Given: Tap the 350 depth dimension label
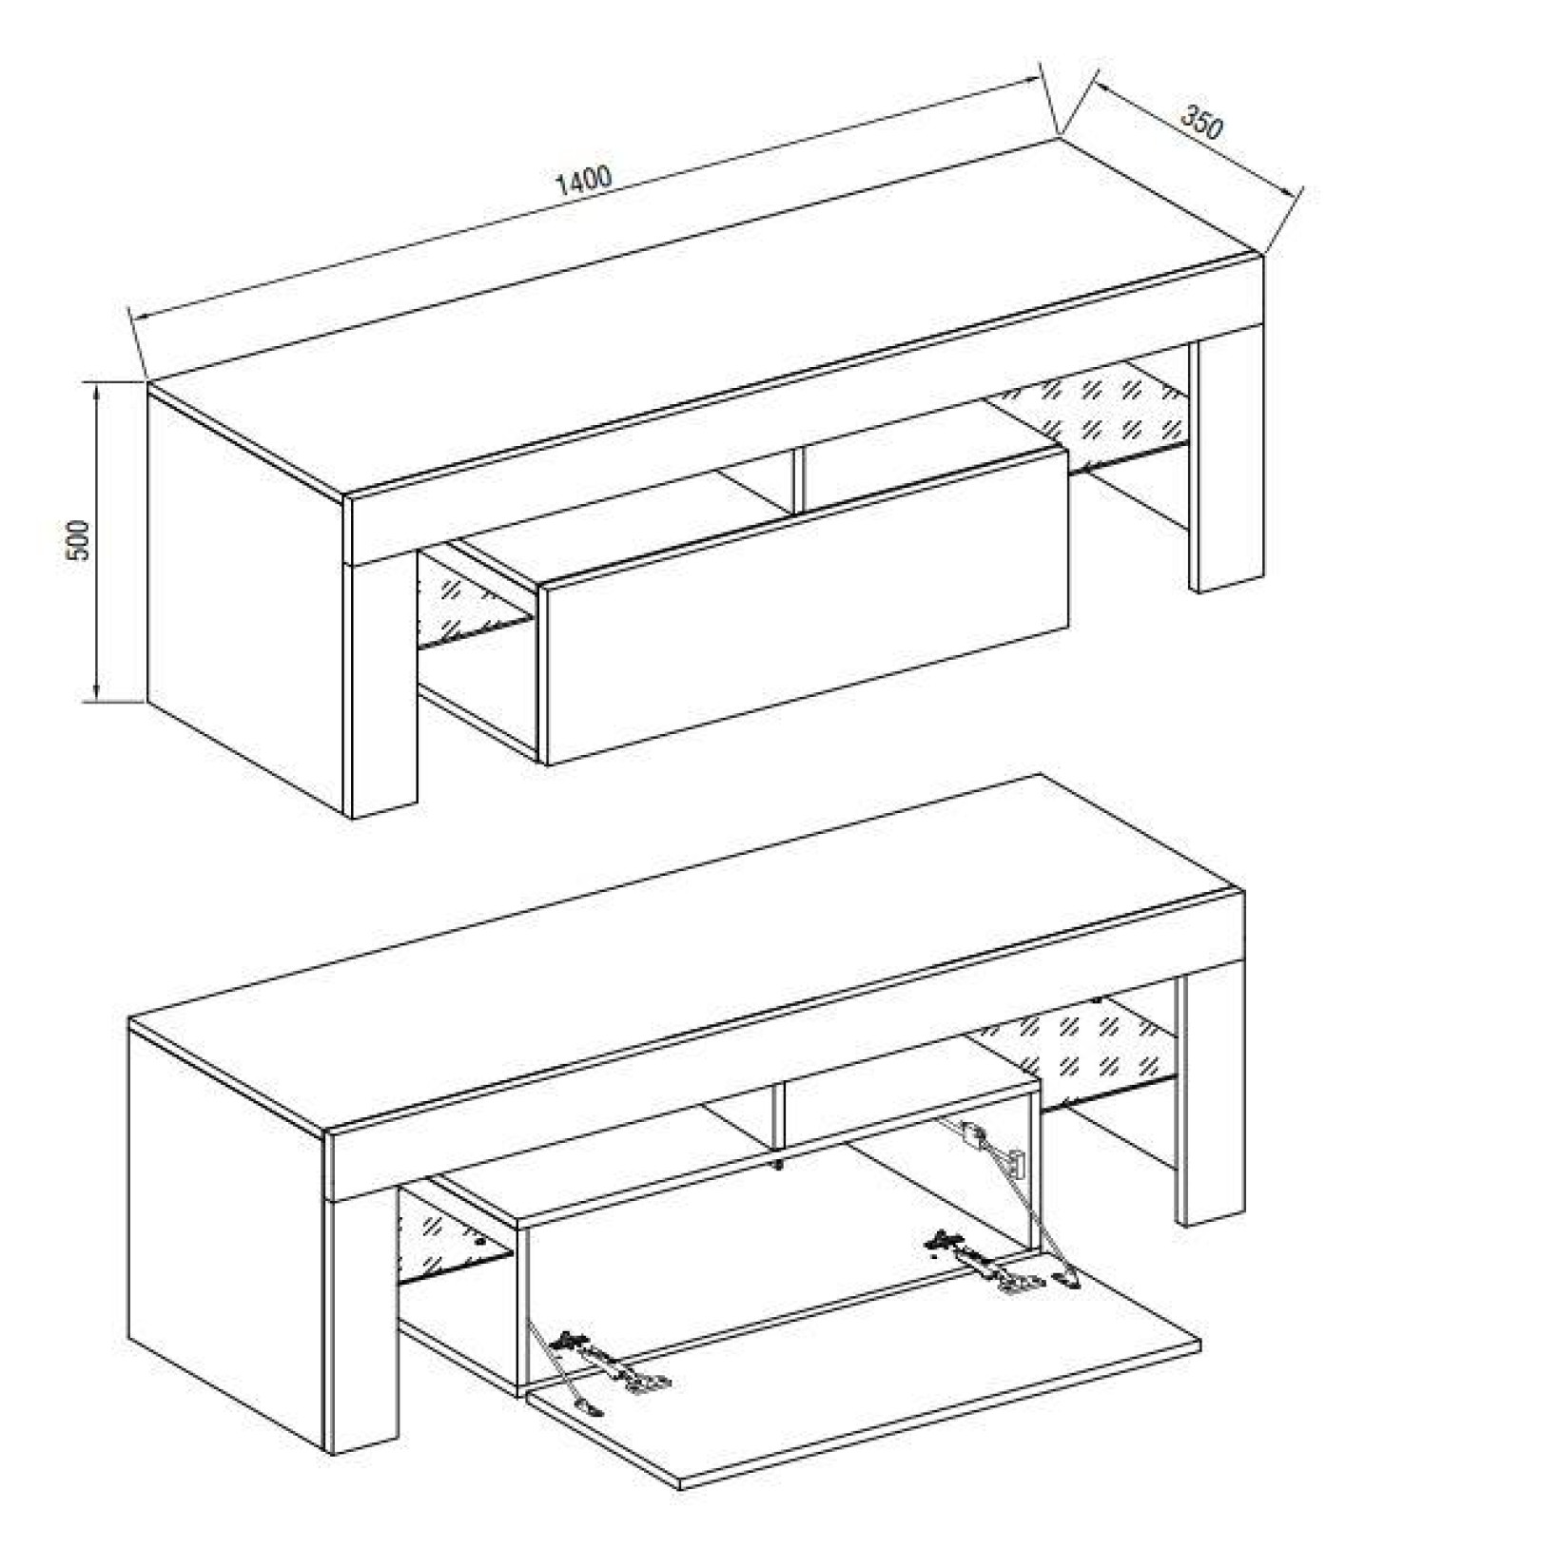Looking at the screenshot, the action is [x=1200, y=122].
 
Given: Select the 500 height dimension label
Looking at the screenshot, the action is [x=80, y=539].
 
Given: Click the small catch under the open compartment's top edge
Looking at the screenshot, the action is [x=778, y=1164].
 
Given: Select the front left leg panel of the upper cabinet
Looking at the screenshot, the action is [x=384, y=685].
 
